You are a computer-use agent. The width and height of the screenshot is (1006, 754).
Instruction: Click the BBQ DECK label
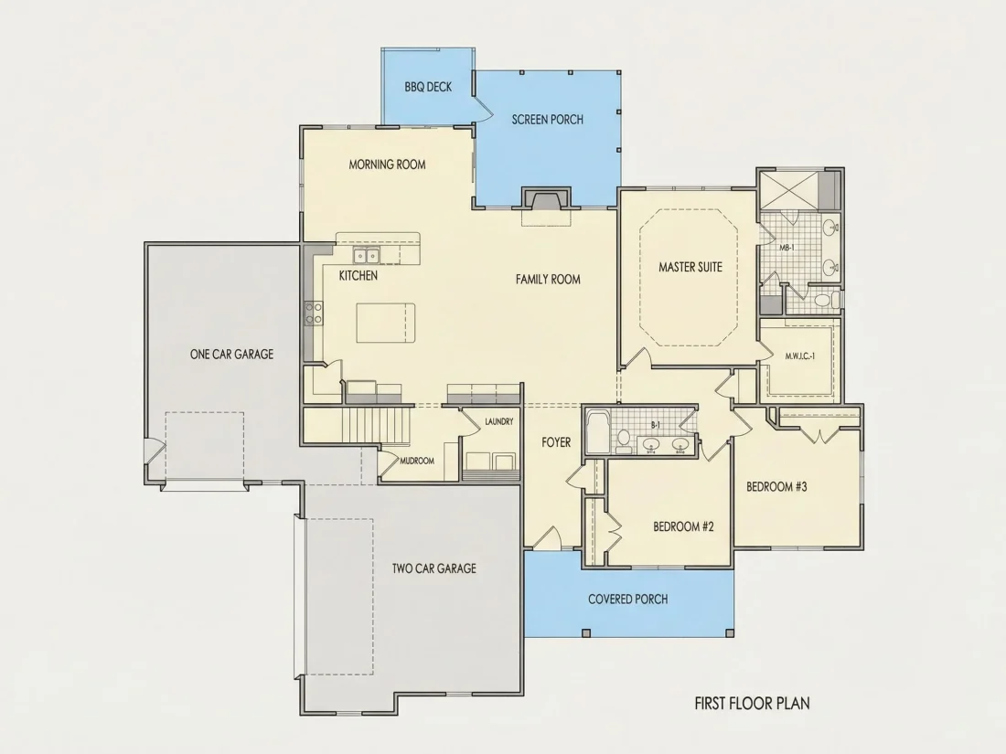coord(428,87)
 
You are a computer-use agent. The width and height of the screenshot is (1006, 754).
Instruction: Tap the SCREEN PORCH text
coord(547,119)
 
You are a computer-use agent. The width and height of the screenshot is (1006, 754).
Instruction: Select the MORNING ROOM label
coord(387,165)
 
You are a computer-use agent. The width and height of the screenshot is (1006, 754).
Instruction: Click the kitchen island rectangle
coord(386,323)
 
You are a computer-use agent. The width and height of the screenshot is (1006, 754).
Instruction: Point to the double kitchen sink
coord(367,256)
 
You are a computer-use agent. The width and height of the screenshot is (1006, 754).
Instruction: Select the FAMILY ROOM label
coord(548,279)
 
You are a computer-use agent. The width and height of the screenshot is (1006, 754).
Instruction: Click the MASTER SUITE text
coord(690,267)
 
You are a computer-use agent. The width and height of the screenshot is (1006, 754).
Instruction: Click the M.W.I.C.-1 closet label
coord(800,356)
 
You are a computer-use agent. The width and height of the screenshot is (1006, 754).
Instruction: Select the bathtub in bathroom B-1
coord(599,431)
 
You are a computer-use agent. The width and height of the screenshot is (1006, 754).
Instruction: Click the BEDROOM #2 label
coord(683,527)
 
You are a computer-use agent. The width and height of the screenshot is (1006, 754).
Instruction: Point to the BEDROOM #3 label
coord(776,486)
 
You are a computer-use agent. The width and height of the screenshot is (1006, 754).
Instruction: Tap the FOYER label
coord(556,442)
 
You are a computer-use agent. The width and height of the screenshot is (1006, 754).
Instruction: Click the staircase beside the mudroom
coord(376,424)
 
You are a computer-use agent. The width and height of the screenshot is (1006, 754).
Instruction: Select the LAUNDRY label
coord(498,422)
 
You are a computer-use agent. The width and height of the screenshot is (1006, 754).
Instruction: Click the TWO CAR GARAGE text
coord(434,568)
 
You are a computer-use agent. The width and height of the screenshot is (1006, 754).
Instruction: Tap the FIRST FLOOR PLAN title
coord(752,704)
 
